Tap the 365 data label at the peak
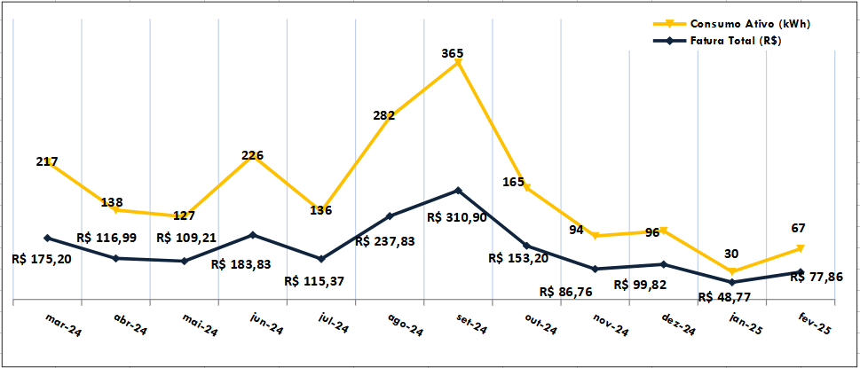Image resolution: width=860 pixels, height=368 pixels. [453, 53]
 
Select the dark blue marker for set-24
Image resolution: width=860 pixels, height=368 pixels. [458, 190]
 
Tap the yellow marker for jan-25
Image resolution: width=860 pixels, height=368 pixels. [732, 271]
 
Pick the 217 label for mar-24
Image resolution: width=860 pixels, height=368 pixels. [48, 161]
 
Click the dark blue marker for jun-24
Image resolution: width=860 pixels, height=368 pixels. [253, 235]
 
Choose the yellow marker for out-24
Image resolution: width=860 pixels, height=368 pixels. [527, 187]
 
